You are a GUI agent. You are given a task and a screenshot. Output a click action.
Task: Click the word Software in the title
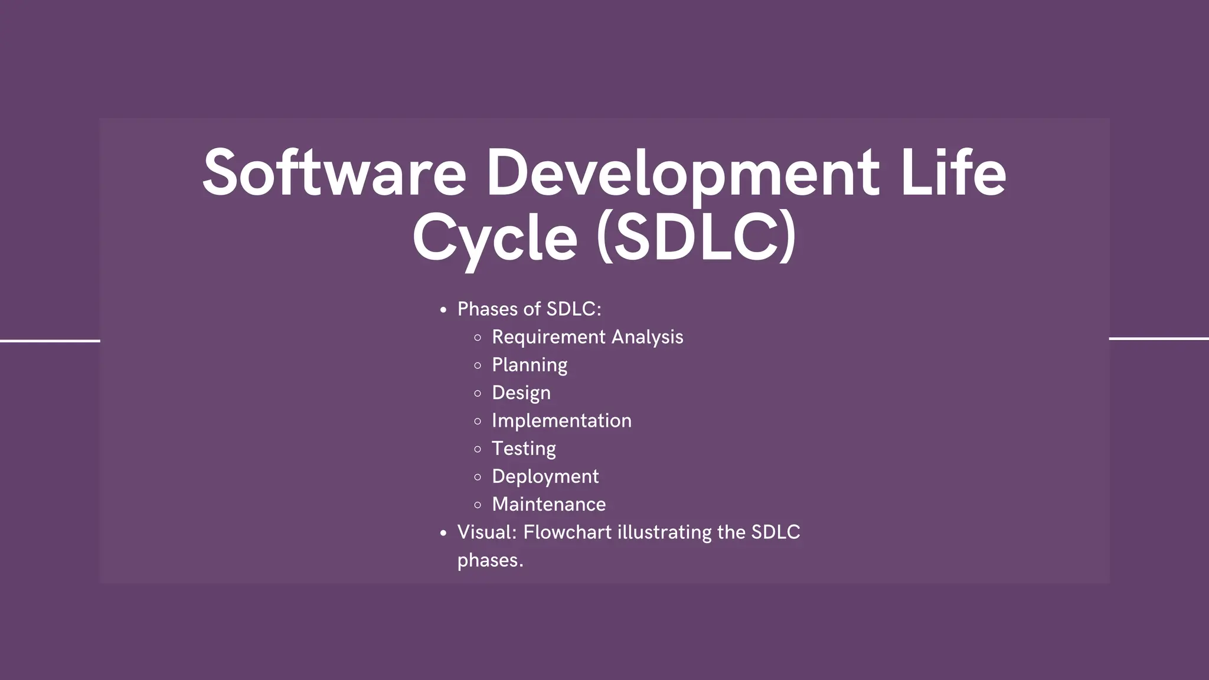click(334, 173)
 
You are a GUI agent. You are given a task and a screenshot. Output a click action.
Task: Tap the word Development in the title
click(682, 173)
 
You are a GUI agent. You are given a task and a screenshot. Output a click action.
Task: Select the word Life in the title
click(953, 173)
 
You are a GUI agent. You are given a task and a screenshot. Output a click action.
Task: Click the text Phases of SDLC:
click(529, 309)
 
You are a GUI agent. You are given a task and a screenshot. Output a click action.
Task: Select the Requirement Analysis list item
click(587, 337)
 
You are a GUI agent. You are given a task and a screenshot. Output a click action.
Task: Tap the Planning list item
click(530, 365)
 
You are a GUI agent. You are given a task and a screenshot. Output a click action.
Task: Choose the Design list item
click(521, 393)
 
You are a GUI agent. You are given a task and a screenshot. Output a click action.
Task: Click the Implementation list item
click(561, 421)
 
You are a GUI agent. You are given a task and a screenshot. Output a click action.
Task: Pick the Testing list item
click(524, 449)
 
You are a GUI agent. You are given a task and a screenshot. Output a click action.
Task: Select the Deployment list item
click(545, 476)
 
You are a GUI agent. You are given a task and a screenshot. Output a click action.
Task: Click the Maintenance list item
click(548, 505)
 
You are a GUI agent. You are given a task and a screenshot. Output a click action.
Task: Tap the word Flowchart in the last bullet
click(567, 532)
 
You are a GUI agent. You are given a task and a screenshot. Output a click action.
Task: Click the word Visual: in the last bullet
click(487, 532)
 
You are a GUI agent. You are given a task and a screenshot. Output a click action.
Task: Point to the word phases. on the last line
click(490, 560)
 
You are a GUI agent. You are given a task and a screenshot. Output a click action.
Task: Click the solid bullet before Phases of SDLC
click(443, 310)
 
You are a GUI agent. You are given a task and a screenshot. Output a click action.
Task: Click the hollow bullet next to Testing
click(478, 449)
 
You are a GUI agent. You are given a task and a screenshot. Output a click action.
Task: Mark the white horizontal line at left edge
click(50, 341)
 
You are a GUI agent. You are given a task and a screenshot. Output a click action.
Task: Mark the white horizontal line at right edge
click(1159, 338)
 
